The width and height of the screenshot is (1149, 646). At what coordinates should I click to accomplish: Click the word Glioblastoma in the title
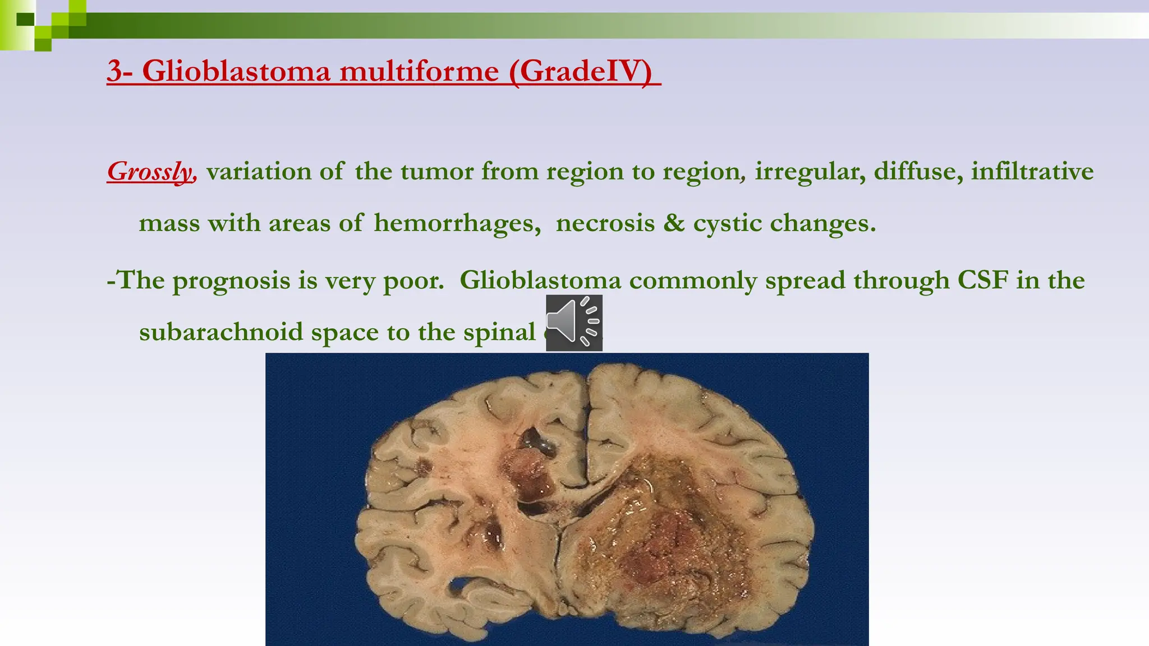coord(236,71)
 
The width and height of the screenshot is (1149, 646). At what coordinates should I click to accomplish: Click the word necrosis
coord(605,223)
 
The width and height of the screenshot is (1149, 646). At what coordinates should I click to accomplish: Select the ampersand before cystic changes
coord(674,223)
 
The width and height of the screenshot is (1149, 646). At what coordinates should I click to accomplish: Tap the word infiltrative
coord(1032,171)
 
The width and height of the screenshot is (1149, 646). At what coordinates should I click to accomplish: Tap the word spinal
coord(499,332)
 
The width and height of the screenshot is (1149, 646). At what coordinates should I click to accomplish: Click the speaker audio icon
coord(573,322)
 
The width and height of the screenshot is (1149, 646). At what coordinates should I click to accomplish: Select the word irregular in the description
coord(805,171)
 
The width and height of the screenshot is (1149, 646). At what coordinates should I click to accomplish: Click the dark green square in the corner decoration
coord(25,20)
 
